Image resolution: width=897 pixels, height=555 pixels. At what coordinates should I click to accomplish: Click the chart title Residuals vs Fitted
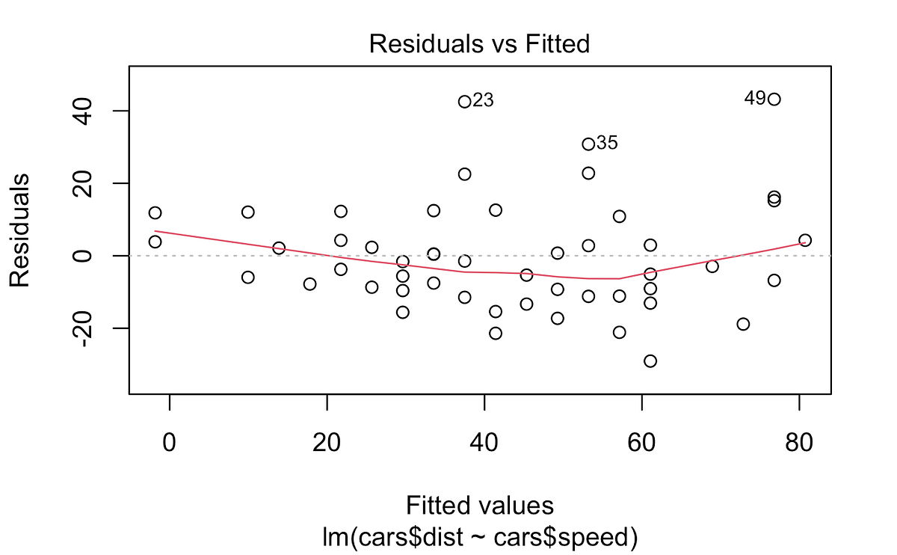click(x=479, y=43)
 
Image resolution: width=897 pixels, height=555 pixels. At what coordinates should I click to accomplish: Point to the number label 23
click(x=483, y=100)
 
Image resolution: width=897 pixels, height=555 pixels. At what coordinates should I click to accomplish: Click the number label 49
click(x=755, y=98)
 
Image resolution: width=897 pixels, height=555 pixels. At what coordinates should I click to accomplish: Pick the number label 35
click(x=607, y=143)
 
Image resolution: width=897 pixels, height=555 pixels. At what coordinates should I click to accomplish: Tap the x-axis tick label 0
click(x=169, y=443)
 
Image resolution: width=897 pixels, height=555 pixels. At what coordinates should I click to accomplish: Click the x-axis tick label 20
click(x=327, y=443)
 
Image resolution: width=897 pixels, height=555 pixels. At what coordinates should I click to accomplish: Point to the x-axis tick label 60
click(x=641, y=443)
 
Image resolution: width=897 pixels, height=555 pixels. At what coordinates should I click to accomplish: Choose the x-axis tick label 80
click(x=799, y=443)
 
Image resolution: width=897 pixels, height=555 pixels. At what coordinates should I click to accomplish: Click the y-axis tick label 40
click(x=82, y=111)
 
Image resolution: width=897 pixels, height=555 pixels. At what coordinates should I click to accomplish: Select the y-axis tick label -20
click(x=82, y=328)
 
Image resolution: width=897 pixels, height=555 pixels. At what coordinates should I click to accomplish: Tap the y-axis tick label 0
click(x=82, y=256)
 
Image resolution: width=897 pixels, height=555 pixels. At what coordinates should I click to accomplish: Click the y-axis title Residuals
click(x=19, y=230)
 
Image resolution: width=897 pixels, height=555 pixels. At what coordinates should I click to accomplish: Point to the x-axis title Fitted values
click(x=480, y=505)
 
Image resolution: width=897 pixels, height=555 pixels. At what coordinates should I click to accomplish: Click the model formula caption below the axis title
click(x=480, y=536)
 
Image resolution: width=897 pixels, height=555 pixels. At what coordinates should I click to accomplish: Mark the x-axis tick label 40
click(x=484, y=443)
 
